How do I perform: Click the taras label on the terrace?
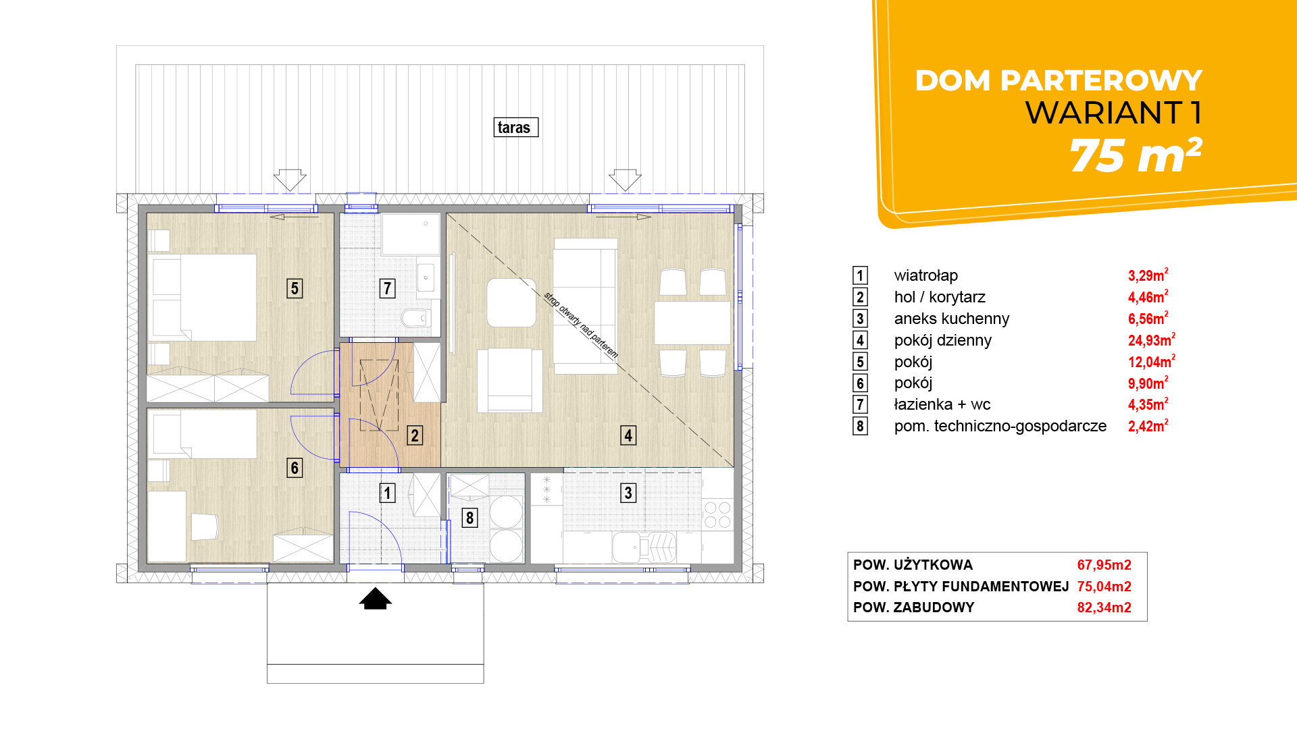coord(515,128)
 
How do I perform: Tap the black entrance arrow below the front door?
coord(376,599)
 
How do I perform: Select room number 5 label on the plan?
coord(295,288)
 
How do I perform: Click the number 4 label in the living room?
coord(628,435)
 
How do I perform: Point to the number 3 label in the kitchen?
coord(628,493)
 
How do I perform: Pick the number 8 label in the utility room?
coord(469,518)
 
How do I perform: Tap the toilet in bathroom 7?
coord(416,317)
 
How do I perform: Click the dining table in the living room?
coord(692,323)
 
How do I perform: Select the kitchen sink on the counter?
coord(626,547)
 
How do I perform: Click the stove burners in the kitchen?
coord(717,514)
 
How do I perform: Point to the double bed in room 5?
coord(203,297)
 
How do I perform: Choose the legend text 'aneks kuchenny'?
coord(952,319)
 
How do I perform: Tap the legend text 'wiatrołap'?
coord(926,275)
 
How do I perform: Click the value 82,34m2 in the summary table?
coord(1104,607)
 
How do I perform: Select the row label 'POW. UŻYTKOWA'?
coord(913,565)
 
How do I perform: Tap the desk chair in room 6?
coord(205,527)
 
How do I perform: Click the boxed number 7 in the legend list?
coord(860,404)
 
